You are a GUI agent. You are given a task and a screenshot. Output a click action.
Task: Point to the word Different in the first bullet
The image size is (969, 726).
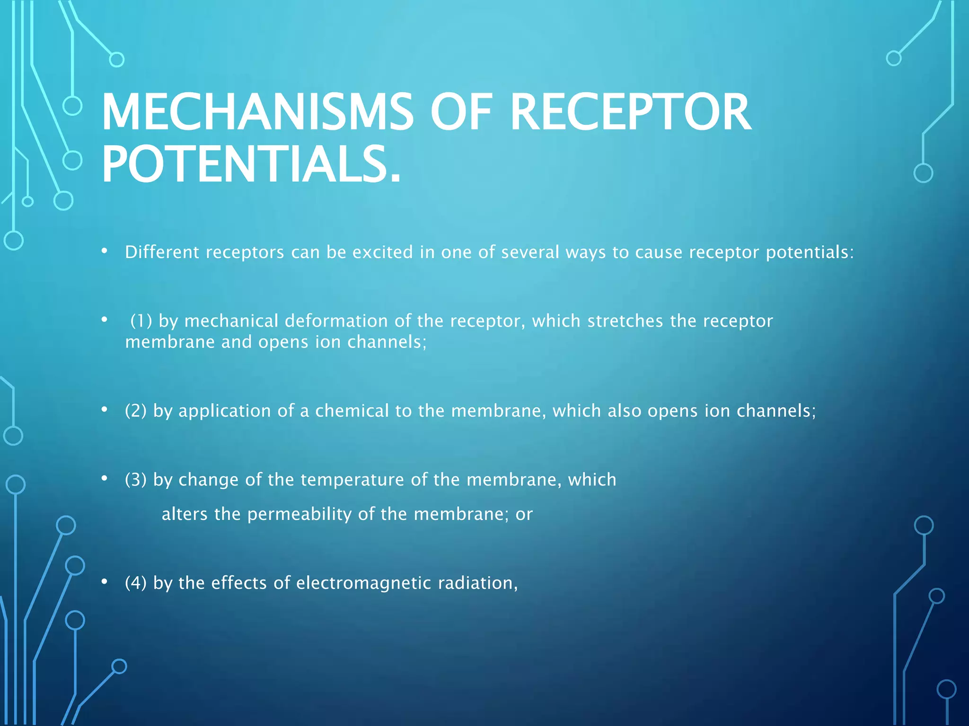pos(162,252)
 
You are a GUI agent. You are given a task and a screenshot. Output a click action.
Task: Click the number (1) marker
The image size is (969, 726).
pos(141,321)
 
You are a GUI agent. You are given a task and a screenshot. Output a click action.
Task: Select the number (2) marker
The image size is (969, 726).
pos(136,411)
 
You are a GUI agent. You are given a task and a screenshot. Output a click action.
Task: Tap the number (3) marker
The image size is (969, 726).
pos(136,480)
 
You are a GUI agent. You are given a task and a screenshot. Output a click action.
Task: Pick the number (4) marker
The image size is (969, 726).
pos(136,583)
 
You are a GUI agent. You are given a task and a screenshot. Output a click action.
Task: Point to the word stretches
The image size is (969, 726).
pos(625,321)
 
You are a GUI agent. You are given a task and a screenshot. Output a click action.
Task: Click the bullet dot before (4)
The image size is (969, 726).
pos(105,581)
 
